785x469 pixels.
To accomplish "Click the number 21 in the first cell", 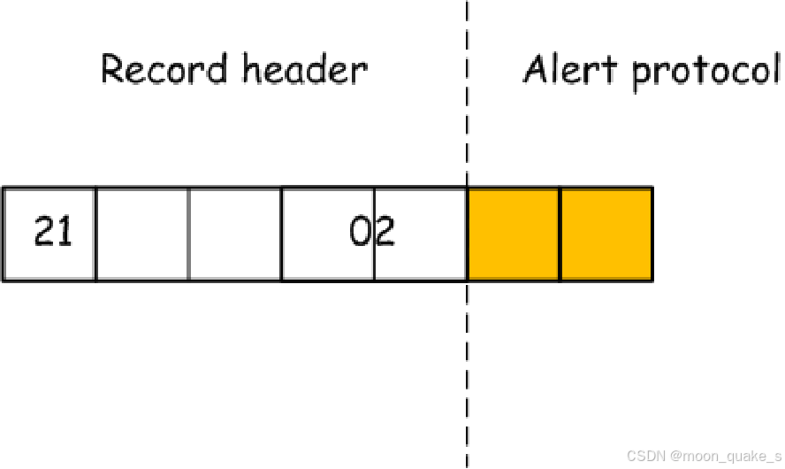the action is point(53,232).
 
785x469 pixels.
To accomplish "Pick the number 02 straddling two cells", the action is point(372,232).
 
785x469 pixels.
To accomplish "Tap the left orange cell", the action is point(513,234).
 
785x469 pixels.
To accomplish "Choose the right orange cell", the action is point(606,234).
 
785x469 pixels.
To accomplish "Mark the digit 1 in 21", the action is point(64,232).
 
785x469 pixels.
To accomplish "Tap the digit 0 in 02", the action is point(361,232).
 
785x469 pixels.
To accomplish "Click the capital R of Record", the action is point(113,69).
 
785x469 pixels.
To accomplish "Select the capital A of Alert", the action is point(536,69).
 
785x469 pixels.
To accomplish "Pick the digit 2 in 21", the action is point(44,232).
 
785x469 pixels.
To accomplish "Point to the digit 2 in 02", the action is point(385,232).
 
